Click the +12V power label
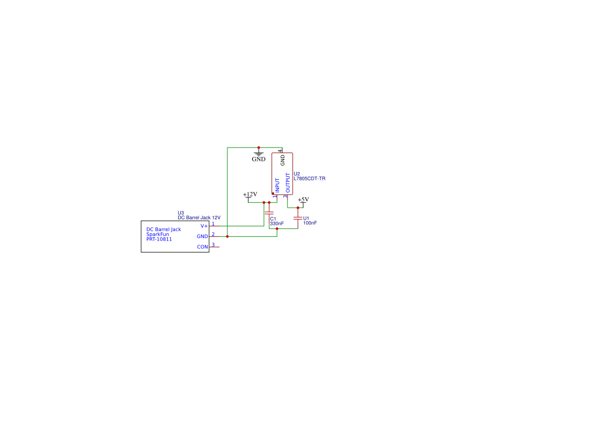(250, 195)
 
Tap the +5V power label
(303, 200)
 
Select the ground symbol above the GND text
(259, 153)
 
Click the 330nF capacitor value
(277, 223)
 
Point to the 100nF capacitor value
(310, 223)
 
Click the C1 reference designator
(273, 218)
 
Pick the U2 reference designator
(297, 174)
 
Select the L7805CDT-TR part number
(309, 179)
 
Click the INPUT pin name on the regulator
(278, 186)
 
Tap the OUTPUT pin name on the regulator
(287, 183)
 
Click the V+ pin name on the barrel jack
(204, 226)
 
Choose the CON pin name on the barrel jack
(202, 247)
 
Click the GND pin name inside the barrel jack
(202, 236)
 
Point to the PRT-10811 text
(159, 239)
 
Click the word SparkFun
(157, 234)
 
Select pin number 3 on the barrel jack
(213, 244)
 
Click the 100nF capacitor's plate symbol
(298, 218)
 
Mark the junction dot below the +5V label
(298, 208)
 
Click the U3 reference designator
(181, 213)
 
